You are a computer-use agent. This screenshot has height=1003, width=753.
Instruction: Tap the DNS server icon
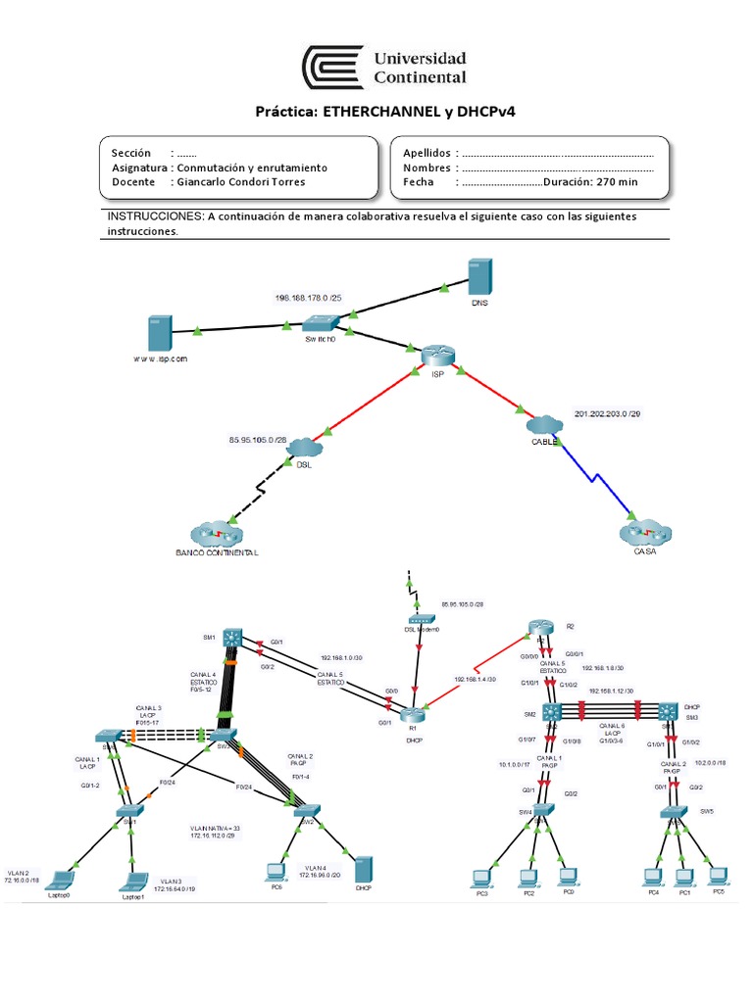pyautogui.click(x=479, y=278)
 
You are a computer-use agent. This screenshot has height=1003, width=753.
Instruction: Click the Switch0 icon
pyautogui.click(x=321, y=322)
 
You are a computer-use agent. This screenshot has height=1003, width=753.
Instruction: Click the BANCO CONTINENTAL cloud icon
pyautogui.click(x=214, y=535)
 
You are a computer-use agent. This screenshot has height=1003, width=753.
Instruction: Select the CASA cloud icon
pyautogui.click(x=644, y=534)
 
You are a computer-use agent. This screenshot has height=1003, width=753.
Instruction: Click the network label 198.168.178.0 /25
pyautogui.click(x=309, y=297)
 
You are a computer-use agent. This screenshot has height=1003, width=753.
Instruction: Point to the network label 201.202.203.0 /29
pyautogui.click(x=609, y=414)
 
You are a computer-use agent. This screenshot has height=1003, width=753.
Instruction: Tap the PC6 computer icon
pyautogui.click(x=276, y=870)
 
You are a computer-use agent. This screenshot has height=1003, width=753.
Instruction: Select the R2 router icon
pyautogui.click(x=538, y=628)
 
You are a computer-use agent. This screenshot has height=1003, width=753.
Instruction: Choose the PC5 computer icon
pyautogui.click(x=718, y=873)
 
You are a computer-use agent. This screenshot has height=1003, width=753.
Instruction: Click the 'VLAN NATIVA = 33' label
pyautogui.click(x=215, y=828)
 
